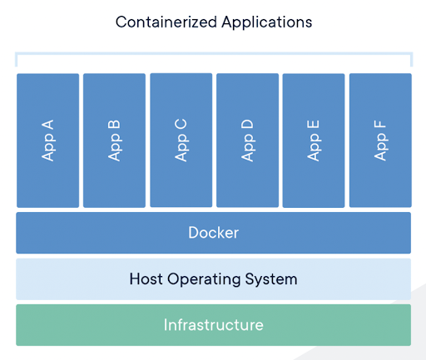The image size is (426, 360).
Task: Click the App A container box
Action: click(x=47, y=141)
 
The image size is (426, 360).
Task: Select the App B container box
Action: click(x=114, y=141)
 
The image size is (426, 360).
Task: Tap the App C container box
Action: click(x=181, y=141)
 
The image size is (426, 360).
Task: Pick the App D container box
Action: click(x=247, y=141)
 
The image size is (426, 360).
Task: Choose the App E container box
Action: click(x=314, y=141)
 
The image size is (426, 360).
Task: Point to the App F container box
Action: click(x=380, y=141)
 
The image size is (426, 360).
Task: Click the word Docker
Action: click(x=214, y=233)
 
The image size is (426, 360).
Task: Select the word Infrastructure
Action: click(x=214, y=325)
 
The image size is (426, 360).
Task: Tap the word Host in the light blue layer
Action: click(x=146, y=279)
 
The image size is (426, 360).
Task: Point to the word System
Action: click(x=271, y=279)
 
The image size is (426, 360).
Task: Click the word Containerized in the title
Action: click(x=166, y=22)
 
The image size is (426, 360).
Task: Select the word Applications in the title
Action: click(x=267, y=22)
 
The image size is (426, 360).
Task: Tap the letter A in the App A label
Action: click(x=47, y=125)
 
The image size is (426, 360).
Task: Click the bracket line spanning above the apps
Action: click(x=214, y=53)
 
